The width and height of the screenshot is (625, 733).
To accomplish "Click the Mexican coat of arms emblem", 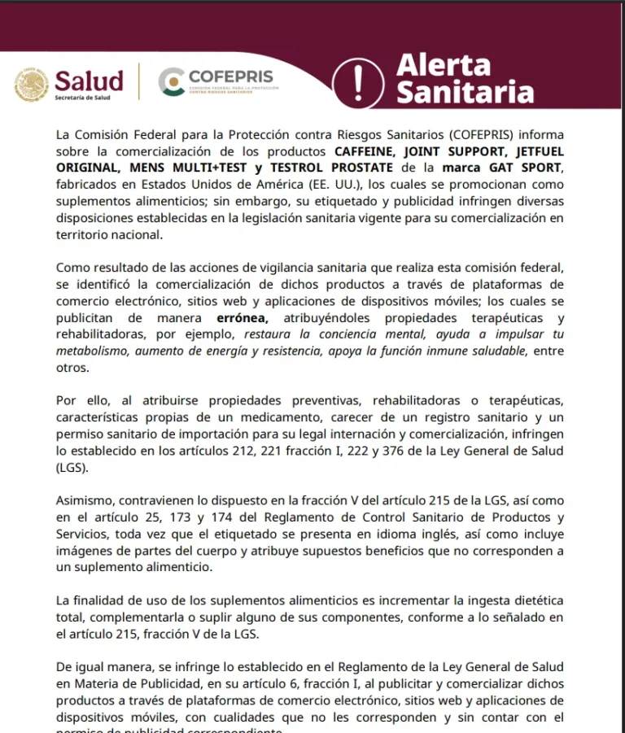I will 32,85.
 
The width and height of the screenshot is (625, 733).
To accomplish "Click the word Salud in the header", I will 89,81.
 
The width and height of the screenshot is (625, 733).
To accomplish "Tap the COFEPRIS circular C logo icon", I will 171,82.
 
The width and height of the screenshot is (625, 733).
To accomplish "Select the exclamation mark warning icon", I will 359,81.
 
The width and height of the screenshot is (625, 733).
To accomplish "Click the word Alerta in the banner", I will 444,65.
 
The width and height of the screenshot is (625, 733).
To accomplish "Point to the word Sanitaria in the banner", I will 465,93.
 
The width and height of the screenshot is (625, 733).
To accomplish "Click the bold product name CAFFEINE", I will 368,151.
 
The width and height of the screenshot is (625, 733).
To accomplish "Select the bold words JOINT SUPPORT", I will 456,151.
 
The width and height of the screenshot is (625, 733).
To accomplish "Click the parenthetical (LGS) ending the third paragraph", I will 72,468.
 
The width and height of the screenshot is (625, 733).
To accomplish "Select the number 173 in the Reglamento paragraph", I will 182,517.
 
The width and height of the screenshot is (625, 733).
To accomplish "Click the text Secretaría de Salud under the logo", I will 82,98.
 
